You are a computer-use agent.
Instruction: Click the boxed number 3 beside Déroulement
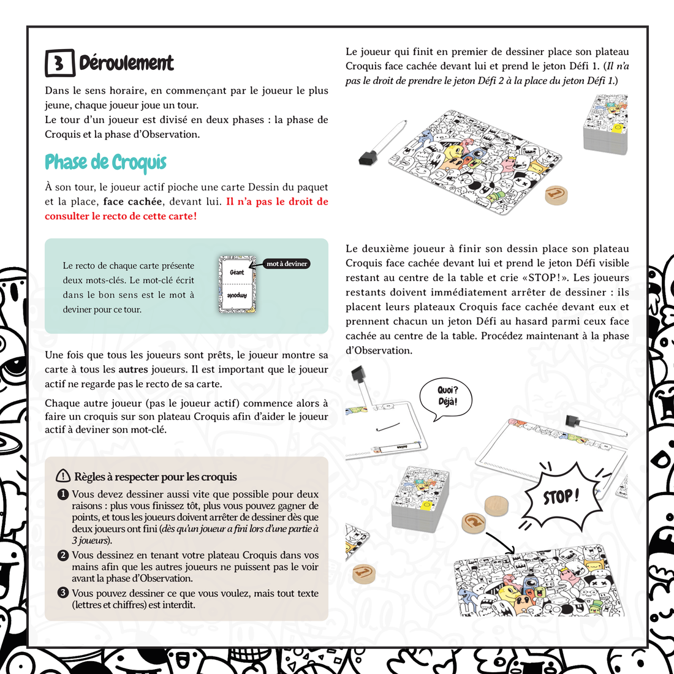tap(60, 62)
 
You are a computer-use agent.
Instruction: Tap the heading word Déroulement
tap(126, 62)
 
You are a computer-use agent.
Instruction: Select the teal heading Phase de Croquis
tap(105, 162)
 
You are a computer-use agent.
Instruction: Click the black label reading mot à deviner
tap(287, 263)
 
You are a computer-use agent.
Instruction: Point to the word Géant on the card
tap(237, 272)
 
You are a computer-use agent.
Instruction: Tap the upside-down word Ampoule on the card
tap(237, 296)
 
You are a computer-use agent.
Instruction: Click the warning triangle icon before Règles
tap(63, 475)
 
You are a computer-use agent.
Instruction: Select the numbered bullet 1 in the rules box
tap(62, 494)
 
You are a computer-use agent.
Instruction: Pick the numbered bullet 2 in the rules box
tap(62, 555)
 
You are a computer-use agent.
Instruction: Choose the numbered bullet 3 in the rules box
tap(62, 593)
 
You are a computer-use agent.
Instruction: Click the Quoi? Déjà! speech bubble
tap(445, 398)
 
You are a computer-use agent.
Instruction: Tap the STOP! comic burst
tap(561, 496)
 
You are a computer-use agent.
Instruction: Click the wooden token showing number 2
tap(474, 522)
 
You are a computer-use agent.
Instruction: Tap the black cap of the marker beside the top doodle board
tap(368, 157)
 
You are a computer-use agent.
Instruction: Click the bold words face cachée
tap(132, 202)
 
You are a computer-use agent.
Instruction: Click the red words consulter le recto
tap(94, 216)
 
